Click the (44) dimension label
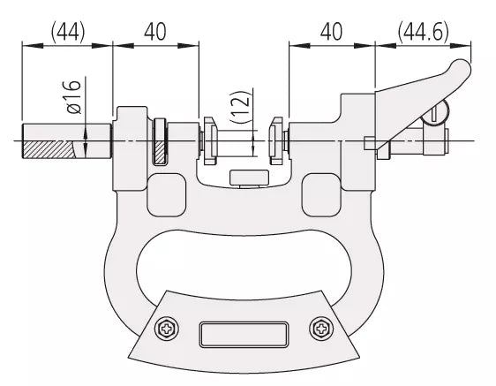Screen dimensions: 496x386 point(68,32)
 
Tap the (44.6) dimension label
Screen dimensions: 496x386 point(424,32)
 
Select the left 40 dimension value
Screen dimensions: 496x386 point(155,32)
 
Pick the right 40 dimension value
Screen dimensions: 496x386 point(331,32)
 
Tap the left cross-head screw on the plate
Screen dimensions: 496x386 point(167,329)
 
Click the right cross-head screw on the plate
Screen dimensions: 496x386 point(321,329)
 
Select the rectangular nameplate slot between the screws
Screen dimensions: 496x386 point(244,335)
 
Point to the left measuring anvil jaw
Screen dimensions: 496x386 point(210,141)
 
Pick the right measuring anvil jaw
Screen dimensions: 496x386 point(276,141)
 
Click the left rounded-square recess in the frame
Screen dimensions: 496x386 point(167,195)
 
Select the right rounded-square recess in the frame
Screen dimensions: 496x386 point(321,195)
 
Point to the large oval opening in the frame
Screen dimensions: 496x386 point(244,264)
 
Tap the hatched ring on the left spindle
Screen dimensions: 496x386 point(160,141)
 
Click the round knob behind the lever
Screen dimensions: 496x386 point(438,112)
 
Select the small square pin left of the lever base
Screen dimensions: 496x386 point(369,143)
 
